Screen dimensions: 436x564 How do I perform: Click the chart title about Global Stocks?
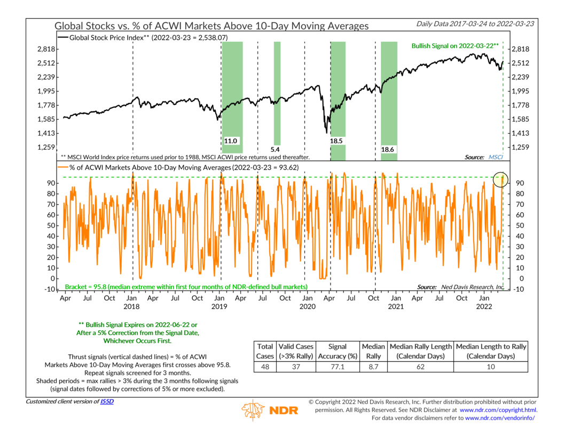211,26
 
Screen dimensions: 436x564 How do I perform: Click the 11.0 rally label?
230,141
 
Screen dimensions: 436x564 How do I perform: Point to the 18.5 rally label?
336,141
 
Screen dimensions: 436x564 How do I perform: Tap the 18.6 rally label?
388,150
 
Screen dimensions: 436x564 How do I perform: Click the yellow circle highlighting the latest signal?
500,179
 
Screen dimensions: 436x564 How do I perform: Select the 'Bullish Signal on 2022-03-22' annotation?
455,46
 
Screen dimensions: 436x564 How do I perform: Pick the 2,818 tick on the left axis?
46,49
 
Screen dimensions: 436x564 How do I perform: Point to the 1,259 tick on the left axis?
46,147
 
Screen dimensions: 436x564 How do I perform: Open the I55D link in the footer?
107,401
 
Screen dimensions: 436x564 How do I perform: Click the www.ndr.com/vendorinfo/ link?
500,417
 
